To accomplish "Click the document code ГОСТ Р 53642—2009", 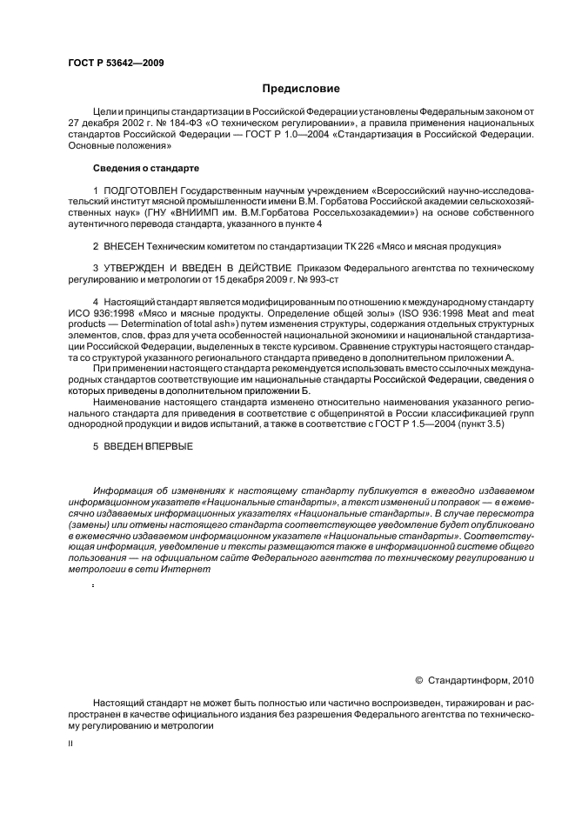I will coord(116,63).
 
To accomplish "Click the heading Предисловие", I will coord(301,89).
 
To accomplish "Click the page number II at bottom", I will coord(70,744).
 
